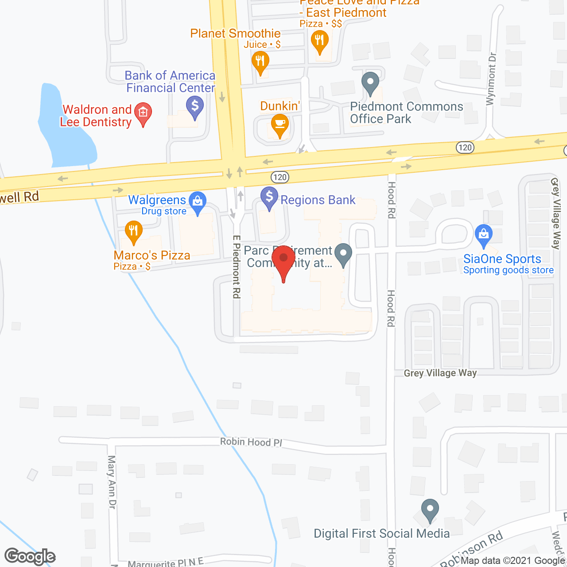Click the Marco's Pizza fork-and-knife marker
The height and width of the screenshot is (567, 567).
pyautogui.click(x=133, y=231)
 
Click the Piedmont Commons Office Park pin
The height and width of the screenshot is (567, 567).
pyautogui.click(x=370, y=82)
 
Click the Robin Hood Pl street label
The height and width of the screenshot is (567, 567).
pyautogui.click(x=251, y=442)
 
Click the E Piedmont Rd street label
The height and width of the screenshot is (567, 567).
pyautogui.click(x=237, y=267)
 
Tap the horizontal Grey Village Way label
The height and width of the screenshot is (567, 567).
pyautogui.click(x=440, y=373)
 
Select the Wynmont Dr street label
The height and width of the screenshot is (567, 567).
pyautogui.click(x=491, y=79)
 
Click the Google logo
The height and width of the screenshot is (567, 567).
pyautogui.click(x=30, y=556)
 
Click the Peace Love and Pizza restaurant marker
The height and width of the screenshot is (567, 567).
pyautogui.click(x=319, y=41)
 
